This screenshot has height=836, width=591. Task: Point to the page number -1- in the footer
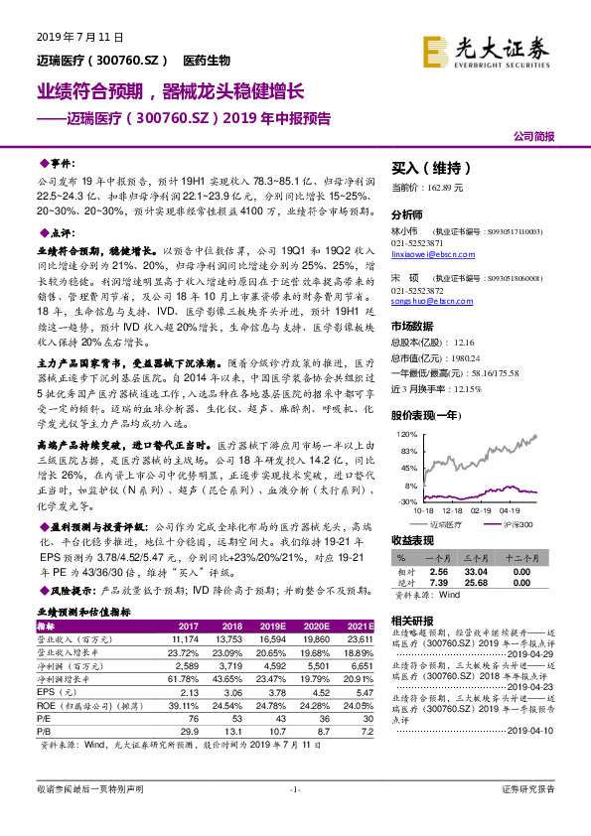pos(295,816)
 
